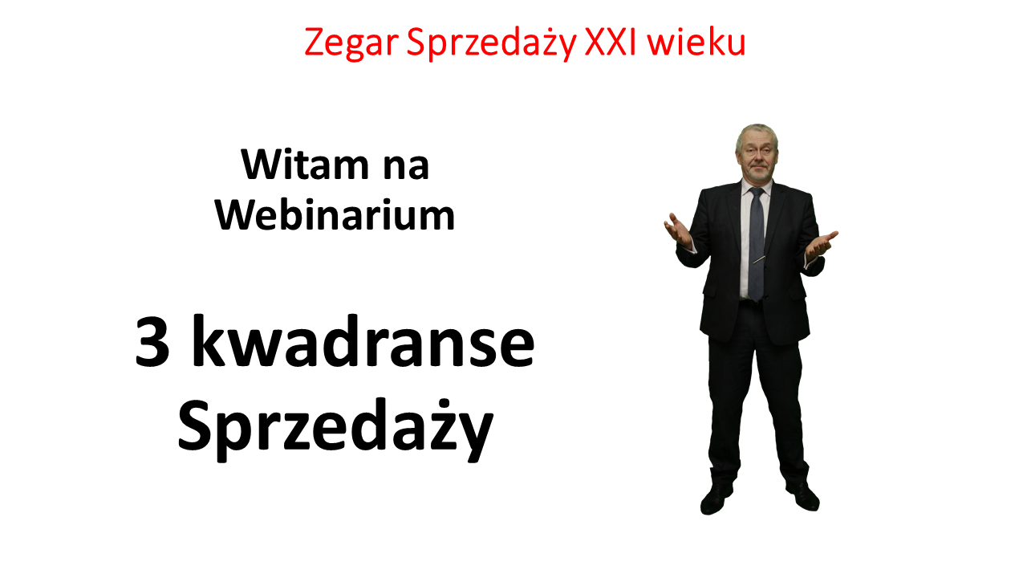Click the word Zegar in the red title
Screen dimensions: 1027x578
pyautogui.click(x=351, y=43)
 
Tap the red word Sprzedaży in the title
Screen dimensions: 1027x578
pyautogui.click(x=491, y=43)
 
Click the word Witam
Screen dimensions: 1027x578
pyautogui.click(x=305, y=165)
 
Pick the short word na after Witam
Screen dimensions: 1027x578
pyautogui.click(x=406, y=169)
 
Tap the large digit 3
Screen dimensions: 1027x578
pyautogui.click(x=152, y=342)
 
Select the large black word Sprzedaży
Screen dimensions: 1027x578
pyautogui.click(x=335, y=428)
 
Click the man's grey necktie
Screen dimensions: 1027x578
pyautogui.click(x=757, y=244)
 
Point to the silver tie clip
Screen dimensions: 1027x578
pyautogui.click(x=759, y=259)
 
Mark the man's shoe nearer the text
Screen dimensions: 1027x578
pyautogui.click(x=716, y=498)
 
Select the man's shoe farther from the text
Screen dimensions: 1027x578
pyautogui.click(x=803, y=496)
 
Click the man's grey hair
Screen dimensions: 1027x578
pyautogui.click(x=757, y=134)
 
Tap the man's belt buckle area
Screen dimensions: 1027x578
pyautogui.click(x=752, y=300)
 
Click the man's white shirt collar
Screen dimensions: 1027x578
pyautogui.click(x=757, y=185)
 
